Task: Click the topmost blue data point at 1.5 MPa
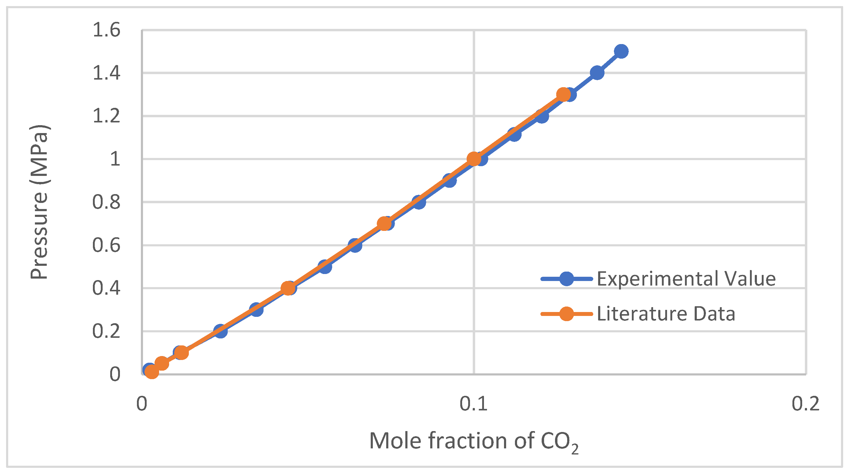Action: pos(621,51)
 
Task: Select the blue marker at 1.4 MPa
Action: pos(597,73)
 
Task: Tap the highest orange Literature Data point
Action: pos(563,94)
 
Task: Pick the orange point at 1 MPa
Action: pos(474,159)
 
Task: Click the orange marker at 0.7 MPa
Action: pos(383,224)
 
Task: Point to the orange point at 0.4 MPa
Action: pos(288,288)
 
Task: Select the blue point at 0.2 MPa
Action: pos(220,331)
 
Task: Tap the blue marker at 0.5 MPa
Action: pos(325,266)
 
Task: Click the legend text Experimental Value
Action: pos(686,279)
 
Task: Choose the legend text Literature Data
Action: pos(666,314)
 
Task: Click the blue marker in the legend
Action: pos(566,279)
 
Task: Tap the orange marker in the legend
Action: pos(566,314)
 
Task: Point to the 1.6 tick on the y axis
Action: pos(106,30)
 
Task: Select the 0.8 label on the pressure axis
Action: pos(106,202)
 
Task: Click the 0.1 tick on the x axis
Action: pos(473,403)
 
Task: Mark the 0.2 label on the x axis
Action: pos(805,403)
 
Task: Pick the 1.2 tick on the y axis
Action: pos(106,116)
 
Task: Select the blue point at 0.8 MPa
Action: pos(419,202)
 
